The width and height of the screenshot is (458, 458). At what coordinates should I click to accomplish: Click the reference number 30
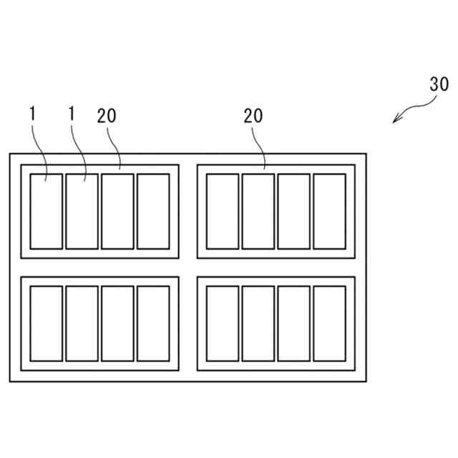[x=439, y=83]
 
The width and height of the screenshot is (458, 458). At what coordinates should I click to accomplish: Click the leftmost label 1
[x=33, y=113]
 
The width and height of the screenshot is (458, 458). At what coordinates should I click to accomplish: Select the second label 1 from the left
[x=72, y=113]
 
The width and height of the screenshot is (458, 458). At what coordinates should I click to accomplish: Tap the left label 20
[x=107, y=116]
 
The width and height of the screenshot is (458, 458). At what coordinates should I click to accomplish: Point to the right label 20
[x=253, y=116]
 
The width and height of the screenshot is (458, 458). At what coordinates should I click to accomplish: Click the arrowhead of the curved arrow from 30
[x=394, y=121]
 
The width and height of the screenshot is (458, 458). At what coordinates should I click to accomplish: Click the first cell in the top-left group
[x=46, y=211]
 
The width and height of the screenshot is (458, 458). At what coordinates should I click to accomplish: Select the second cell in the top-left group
[x=82, y=211]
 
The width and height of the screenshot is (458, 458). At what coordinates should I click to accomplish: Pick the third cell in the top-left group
[x=117, y=211]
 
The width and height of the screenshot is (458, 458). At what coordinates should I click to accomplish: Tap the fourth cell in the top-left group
[x=153, y=211]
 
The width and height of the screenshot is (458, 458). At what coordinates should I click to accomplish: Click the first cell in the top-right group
[x=223, y=211]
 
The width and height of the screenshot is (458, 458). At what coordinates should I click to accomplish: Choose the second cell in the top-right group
[x=258, y=211]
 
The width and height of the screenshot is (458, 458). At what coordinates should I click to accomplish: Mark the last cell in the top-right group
[x=329, y=211]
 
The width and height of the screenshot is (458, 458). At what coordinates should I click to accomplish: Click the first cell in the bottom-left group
[x=46, y=323]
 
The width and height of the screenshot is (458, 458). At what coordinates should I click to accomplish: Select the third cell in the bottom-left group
[x=117, y=323]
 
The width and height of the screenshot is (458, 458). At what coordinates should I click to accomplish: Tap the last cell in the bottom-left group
[x=153, y=323]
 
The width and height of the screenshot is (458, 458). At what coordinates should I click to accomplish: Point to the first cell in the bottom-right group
[x=223, y=323]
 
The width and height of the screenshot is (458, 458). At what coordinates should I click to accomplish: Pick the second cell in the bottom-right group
[x=258, y=323]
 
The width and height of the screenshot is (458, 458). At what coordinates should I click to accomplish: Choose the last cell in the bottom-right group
[x=329, y=323]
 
